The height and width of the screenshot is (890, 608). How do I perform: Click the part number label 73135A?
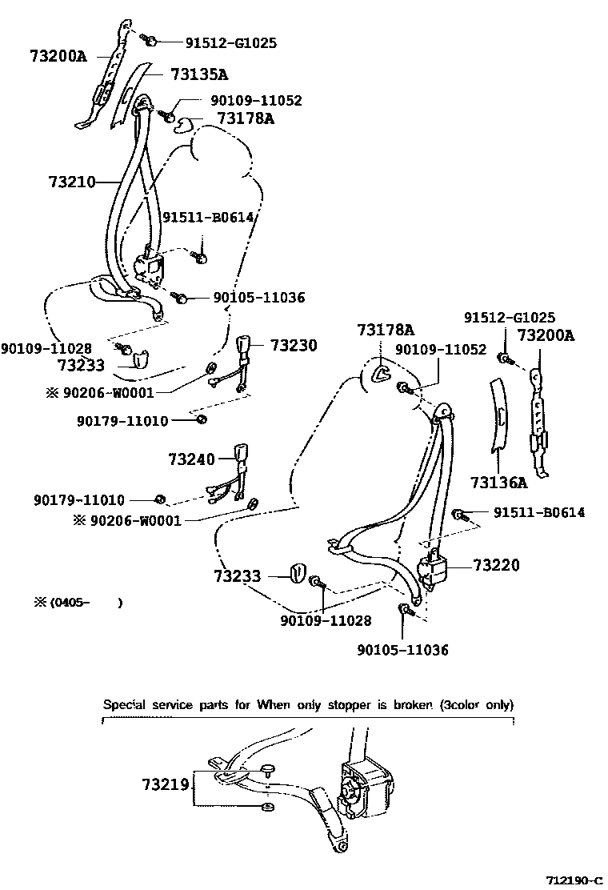[198, 74]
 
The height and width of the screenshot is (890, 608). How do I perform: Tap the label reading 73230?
[293, 346]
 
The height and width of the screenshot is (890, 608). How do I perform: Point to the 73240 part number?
[192, 459]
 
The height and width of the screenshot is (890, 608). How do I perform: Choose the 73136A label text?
[498, 482]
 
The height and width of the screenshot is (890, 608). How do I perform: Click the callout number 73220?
[496, 566]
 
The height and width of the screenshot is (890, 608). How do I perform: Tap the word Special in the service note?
[126, 705]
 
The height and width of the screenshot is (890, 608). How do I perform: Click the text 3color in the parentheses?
[464, 705]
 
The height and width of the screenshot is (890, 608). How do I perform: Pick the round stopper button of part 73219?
[268, 770]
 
